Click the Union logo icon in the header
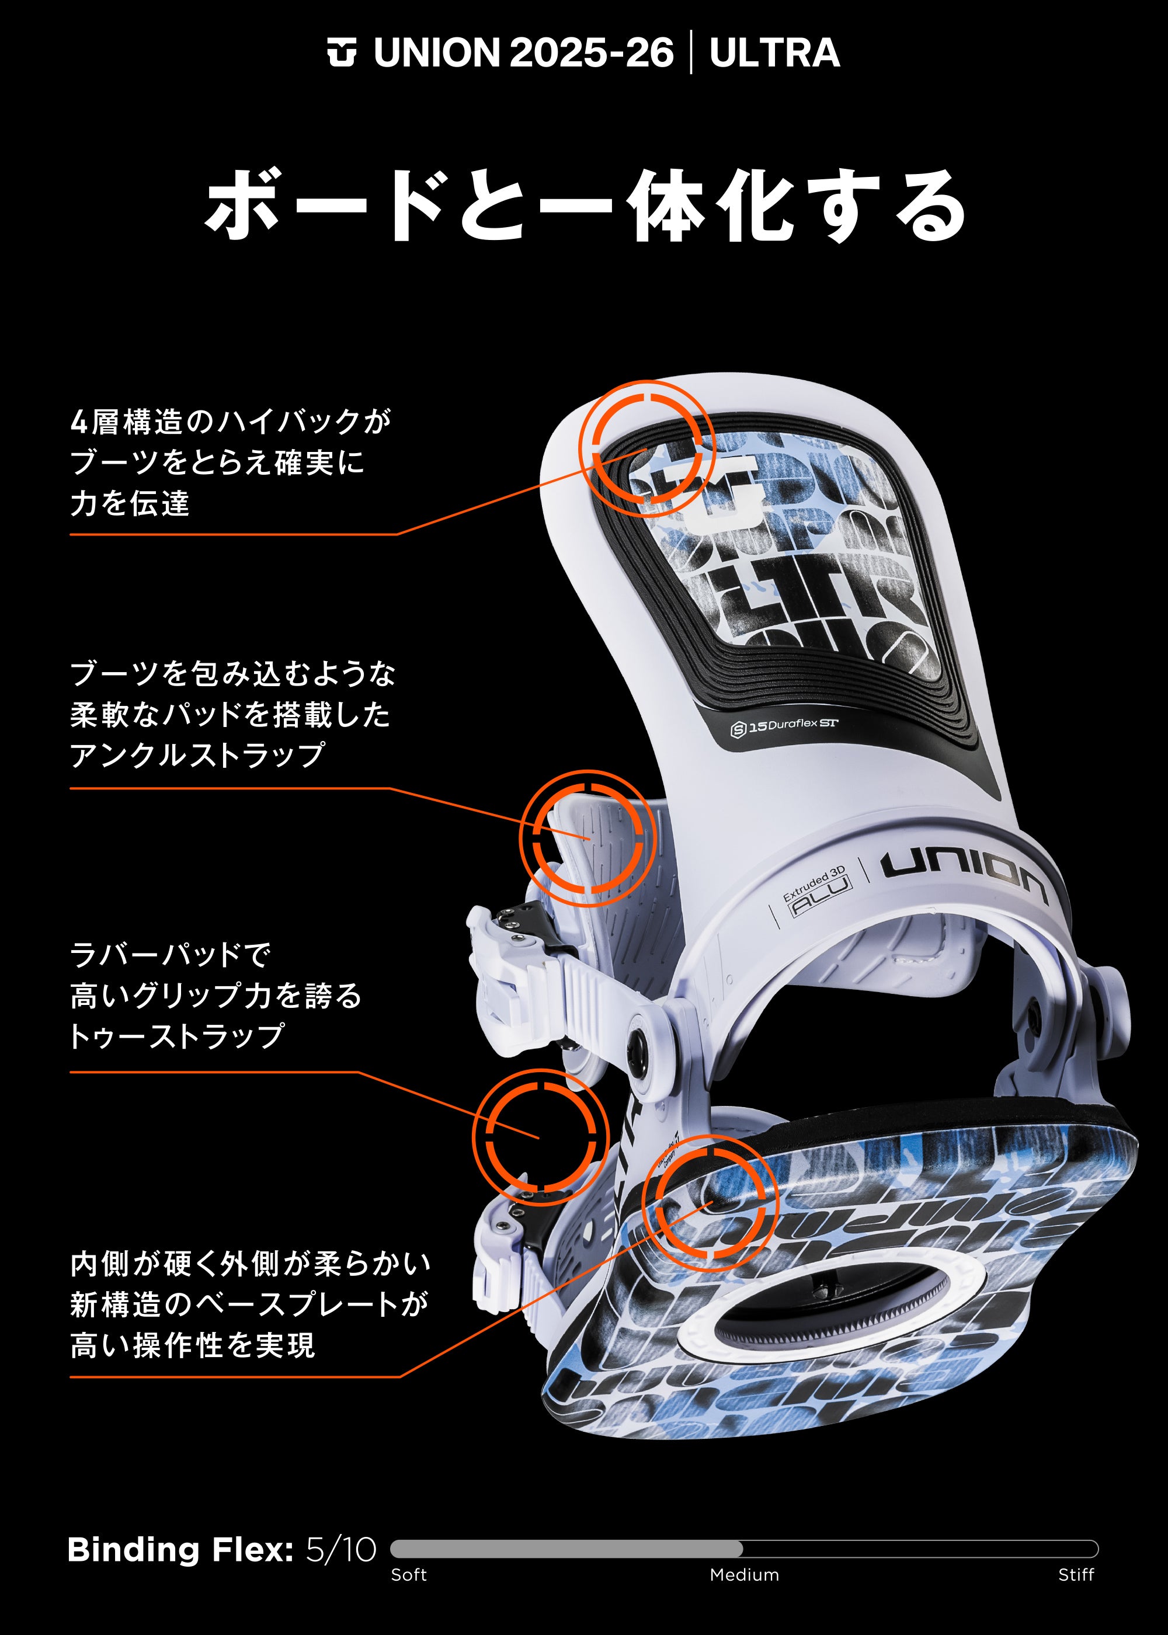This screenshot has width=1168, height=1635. click(x=342, y=53)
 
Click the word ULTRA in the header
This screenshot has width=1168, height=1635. click(x=774, y=53)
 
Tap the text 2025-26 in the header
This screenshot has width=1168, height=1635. click(x=591, y=53)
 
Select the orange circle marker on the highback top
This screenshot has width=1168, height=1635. click(x=646, y=448)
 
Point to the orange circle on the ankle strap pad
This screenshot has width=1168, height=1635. click(x=587, y=839)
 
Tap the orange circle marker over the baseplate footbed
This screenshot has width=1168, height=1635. click(x=710, y=1203)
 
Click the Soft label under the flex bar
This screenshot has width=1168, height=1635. click(x=409, y=1575)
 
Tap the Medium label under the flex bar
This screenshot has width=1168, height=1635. click(x=745, y=1575)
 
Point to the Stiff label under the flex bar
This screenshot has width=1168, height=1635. click(x=1076, y=1575)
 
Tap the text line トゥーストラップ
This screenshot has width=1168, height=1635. click(x=177, y=1035)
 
